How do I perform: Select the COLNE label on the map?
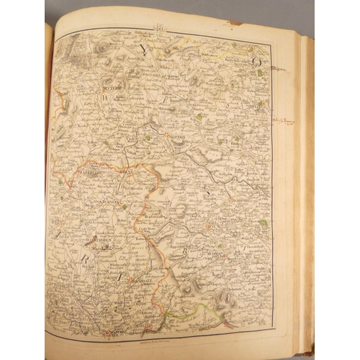click(128, 174)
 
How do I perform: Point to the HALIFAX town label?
click(209, 229)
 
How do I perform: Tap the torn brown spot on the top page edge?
click(234, 22)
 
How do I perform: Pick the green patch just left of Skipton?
click(147, 136)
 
